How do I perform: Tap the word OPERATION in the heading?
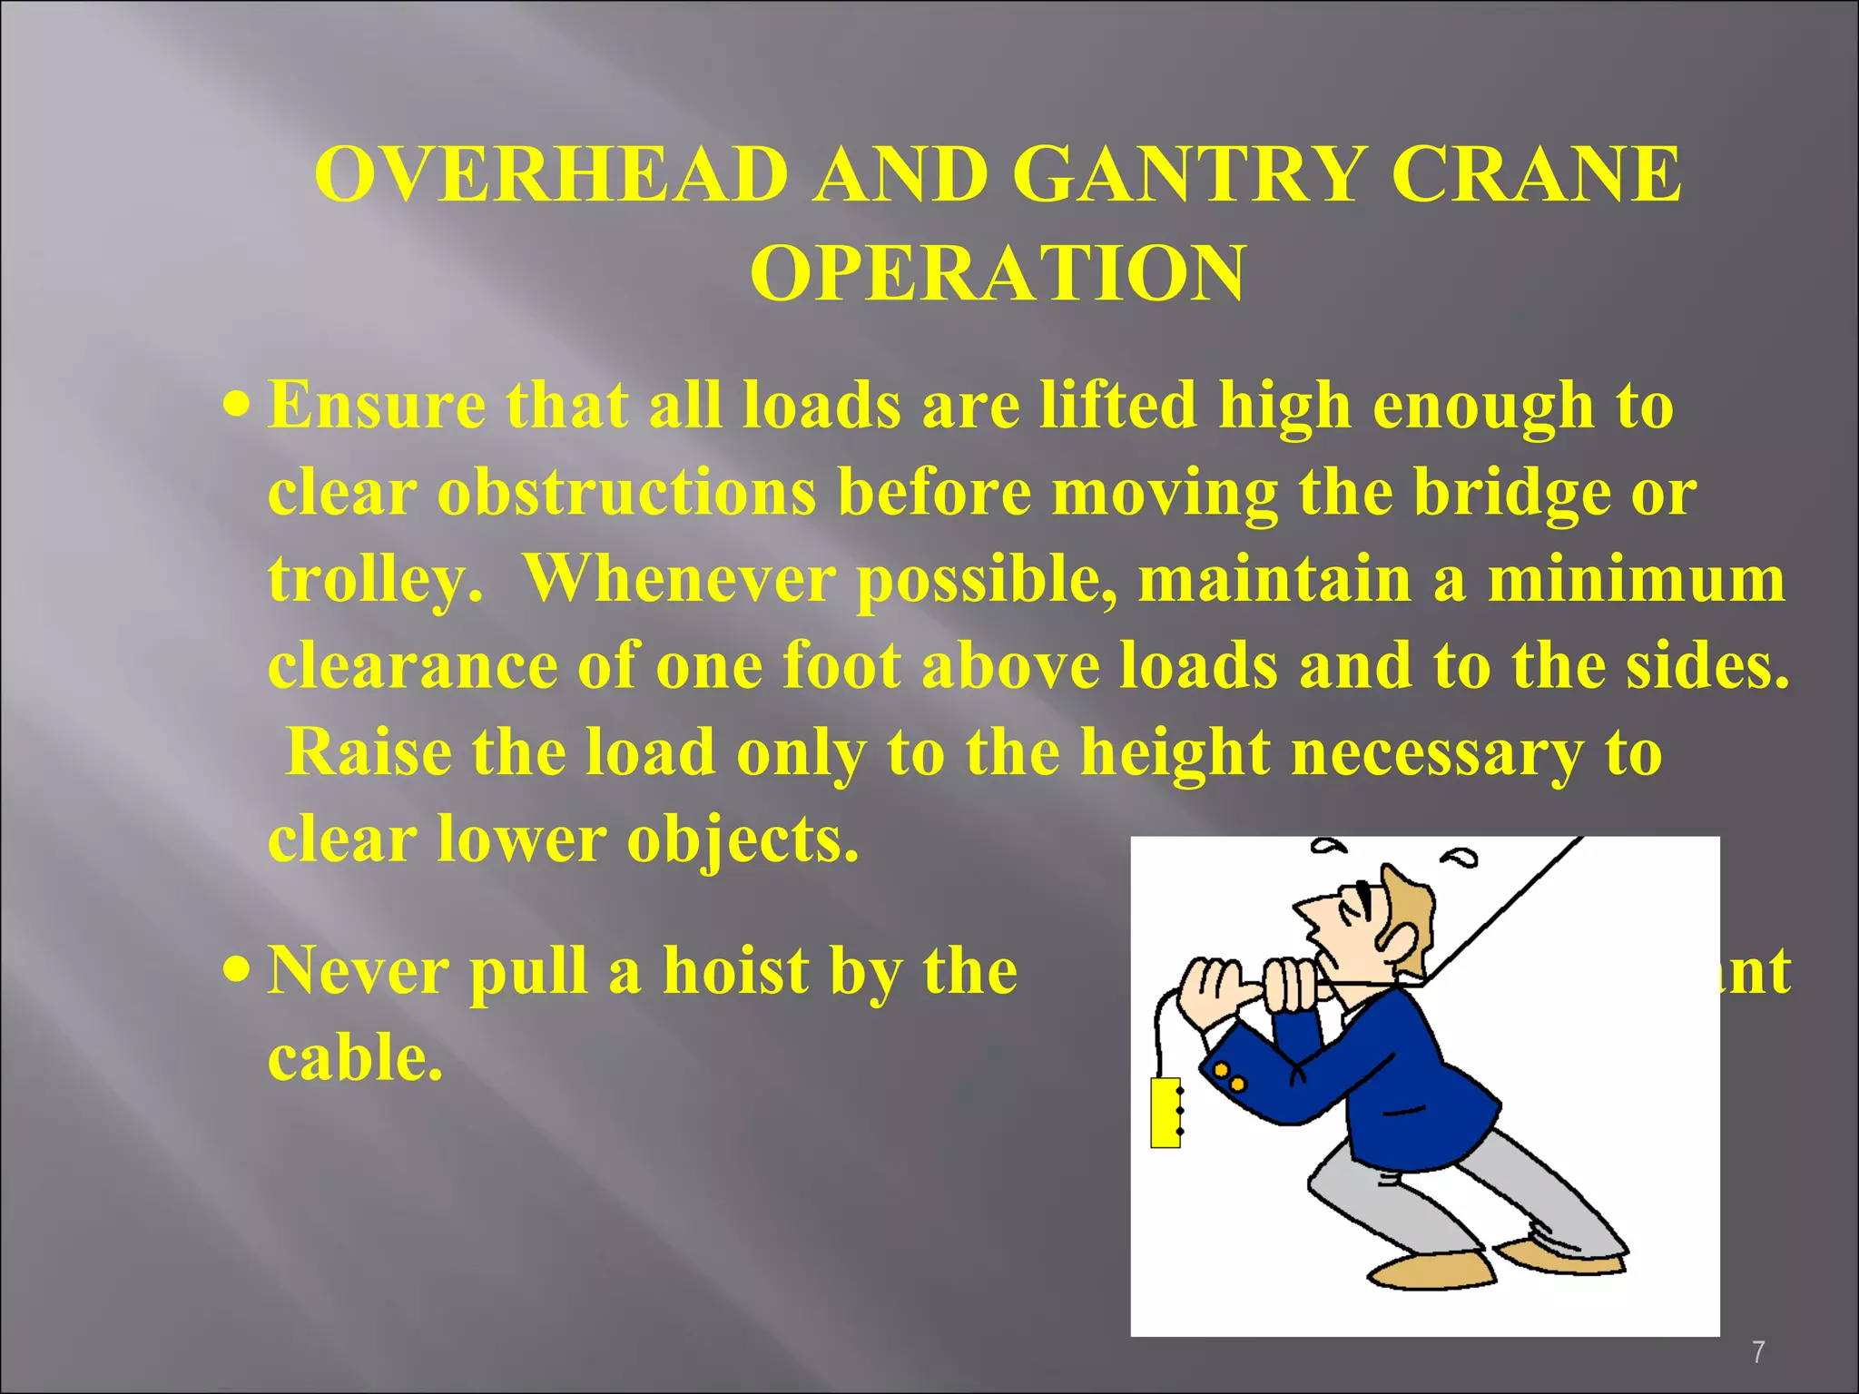click(998, 273)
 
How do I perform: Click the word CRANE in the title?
click(1536, 174)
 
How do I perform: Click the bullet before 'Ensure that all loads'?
click(237, 403)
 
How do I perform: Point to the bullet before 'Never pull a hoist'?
click(237, 969)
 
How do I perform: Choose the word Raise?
click(369, 752)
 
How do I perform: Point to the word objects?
click(742, 839)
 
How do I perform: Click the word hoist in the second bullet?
click(735, 970)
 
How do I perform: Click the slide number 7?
click(1758, 1352)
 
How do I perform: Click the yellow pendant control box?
click(1166, 1114)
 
